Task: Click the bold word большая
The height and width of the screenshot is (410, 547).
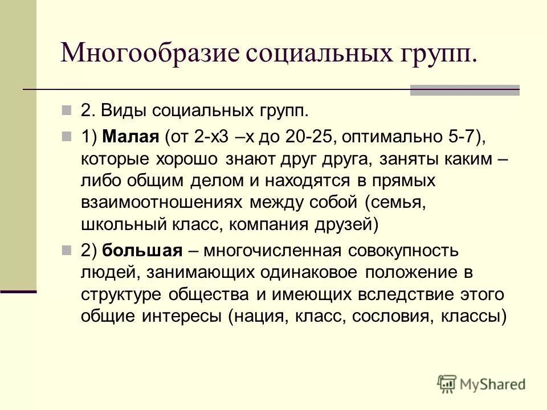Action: tap(142, 251)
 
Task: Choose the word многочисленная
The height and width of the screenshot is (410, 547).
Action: tap(272, 251)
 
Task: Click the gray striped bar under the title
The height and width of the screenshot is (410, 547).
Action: tap(465, 90)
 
